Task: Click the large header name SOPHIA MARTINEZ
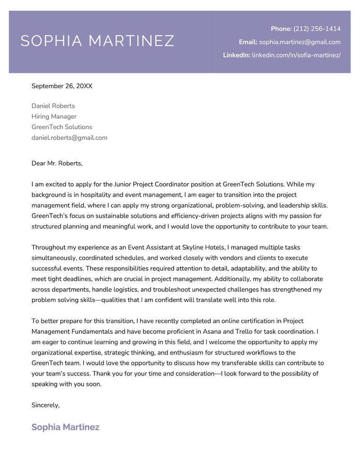pyautogui.click(x=97, y=41)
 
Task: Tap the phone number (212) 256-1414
pyautogui.click(x=317, y=29)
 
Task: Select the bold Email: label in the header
pyautogui.click(x=248, y=42)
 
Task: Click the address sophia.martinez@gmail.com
pyautogui.click(x=300, y=42)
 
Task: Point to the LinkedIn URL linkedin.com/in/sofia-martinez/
pyautogui.click(x=296, y=55)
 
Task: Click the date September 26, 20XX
pyautogui.click(x=62, y=85)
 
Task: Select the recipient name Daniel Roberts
pyautogui.click(x=53, y=106)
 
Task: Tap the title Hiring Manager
pyautogui.click(x=54, y=116)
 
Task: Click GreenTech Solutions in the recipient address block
pyautogui.click(x=62, y=127)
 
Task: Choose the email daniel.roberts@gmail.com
pyautogui.click(x=69, y=138)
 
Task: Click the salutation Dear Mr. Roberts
pyautogui.click(x=57, y=163)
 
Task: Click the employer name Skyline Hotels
pyautogui.click(x=203, y=247)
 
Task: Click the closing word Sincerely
pyautogui.click(x=45, y=405)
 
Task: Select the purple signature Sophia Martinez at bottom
pyautogui.click(x=65, y=427)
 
